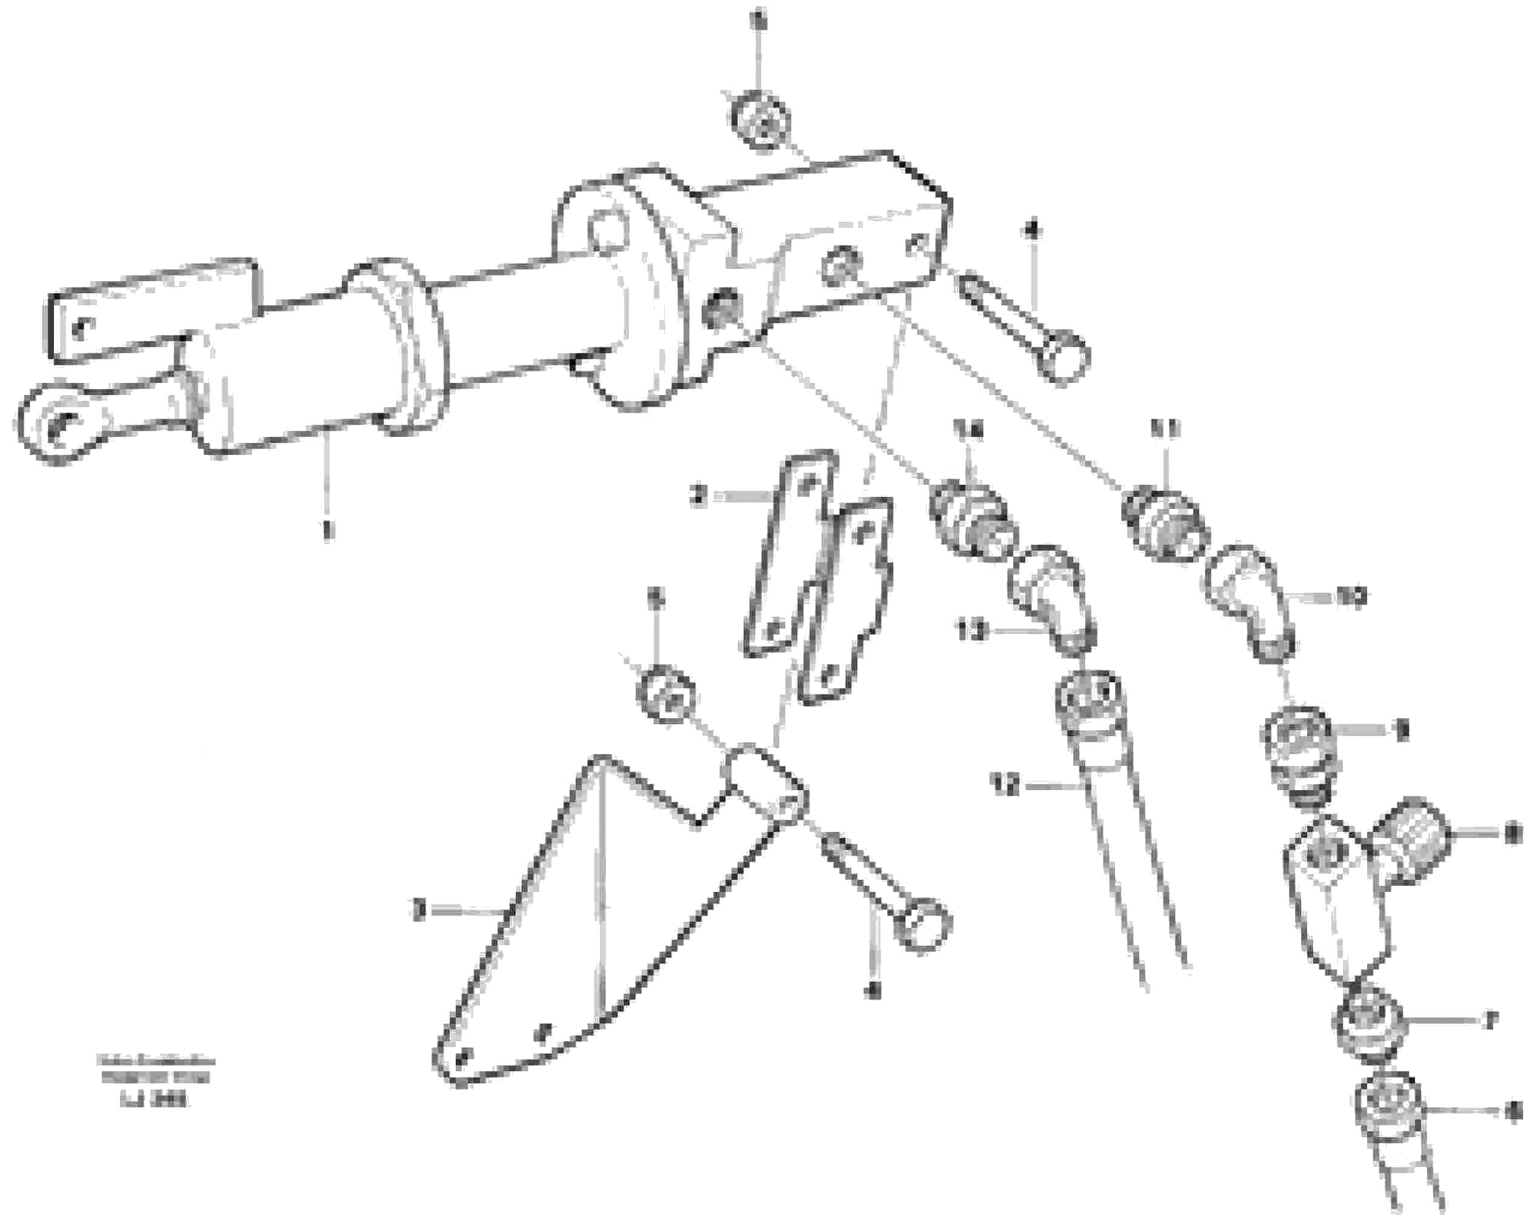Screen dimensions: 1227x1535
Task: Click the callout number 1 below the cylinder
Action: point(327,530)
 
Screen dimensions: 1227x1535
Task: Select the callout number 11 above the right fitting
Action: point(1165,428)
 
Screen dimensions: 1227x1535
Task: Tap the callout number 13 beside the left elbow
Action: point(971,631)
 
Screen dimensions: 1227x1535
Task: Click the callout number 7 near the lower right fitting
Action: point(1490,1020)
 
